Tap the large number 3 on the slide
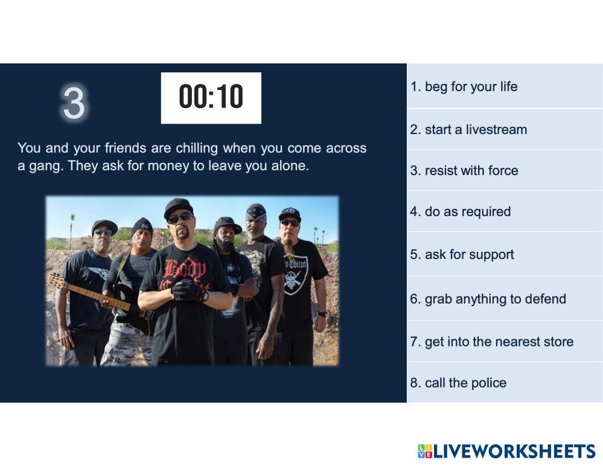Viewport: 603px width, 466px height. tap(74, 103)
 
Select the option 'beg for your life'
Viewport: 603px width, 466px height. tap(464, 87)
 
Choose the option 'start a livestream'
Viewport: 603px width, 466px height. tap(468, 130)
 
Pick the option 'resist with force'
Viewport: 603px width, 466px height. tap(464, 170)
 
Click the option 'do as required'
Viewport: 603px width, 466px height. tap(461, 211)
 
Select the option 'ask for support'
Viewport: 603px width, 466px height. tap(462, 255)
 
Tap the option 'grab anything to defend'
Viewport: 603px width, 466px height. tap(488, 299)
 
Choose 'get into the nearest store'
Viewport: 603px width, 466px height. tap(492, 342)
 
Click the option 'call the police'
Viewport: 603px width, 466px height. tap(458, 383)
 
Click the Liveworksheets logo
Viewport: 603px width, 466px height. tap(506, 451)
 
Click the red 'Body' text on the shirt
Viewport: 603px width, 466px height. tap(185, 270)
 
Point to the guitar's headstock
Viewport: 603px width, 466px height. tap(57, 280)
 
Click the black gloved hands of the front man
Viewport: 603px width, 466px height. tap(189, 290)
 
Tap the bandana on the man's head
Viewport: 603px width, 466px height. tap(256, 212)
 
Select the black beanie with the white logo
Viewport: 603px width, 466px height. tap(142, 226)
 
